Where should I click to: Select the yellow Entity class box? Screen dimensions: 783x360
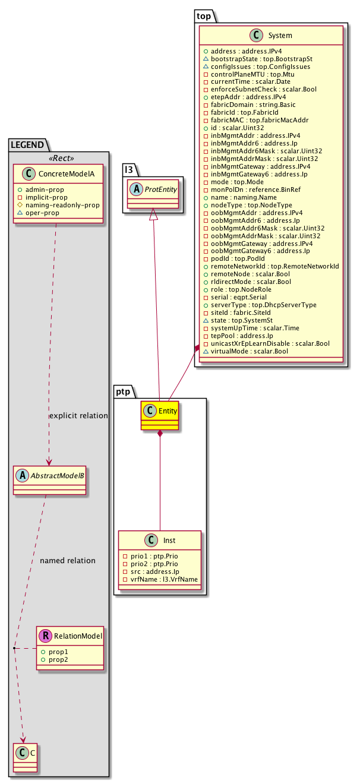click(159, 415)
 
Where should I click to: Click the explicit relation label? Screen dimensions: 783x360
click(78, 416)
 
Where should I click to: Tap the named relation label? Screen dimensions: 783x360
click(67, 560)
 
